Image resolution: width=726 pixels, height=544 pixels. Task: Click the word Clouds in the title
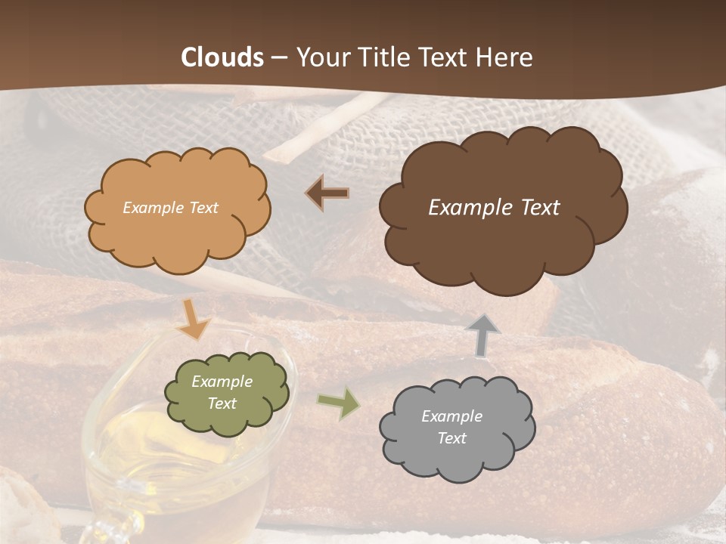point(222,57)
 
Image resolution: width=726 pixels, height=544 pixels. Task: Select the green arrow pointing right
point(338,403)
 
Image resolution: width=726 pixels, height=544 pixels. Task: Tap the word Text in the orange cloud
point(202,208)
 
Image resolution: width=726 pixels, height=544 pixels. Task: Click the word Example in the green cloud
point(222,382)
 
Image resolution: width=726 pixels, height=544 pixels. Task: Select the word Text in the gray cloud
point(451,438)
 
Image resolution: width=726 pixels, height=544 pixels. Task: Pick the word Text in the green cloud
point(222,403)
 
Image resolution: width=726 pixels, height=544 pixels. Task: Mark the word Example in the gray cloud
point(451,416)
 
